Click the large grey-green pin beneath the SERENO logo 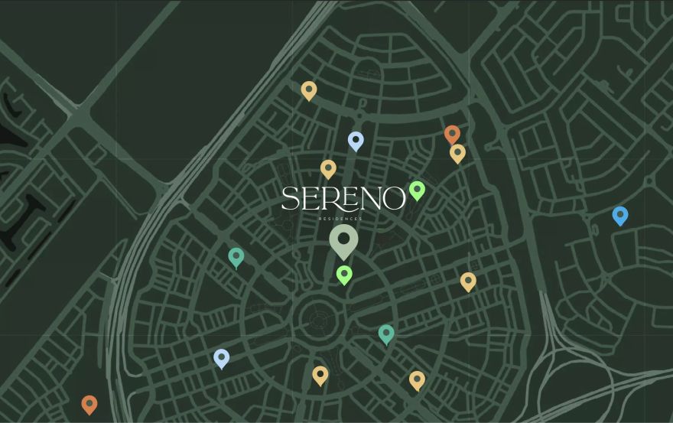click(343, 240)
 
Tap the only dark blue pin click(620, 215)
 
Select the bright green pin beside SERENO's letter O click(417, 190)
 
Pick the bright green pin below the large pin click(344, 274)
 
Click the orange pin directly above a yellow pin click(452, 134)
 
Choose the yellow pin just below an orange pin click(457, 153)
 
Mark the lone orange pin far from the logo click(89, 403)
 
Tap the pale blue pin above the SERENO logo click(356, 140)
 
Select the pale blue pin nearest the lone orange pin click(221, 357)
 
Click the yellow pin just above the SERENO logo click(328, 168)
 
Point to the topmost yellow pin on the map click(309, 90)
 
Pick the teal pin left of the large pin click(236, 256)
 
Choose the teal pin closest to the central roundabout click(386, 333)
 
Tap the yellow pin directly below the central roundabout click(320, 375)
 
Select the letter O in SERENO click(393, 199)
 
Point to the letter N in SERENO click(369, 199)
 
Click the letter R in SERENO click(327, 199)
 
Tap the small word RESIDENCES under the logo click(341, 219)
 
